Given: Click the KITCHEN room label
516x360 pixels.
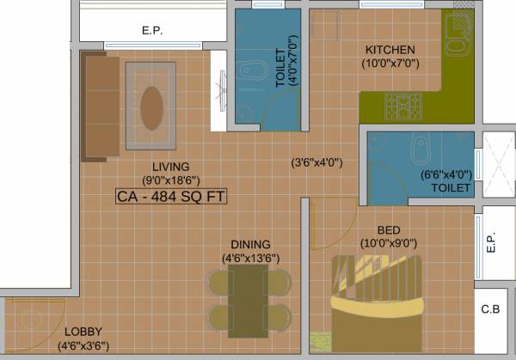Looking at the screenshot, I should pos(390,50).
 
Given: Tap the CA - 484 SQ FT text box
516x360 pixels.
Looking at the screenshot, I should pos(170,197).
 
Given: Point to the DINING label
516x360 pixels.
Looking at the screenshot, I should pos(250,244).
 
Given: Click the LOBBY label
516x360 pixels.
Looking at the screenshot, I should pos(82,332).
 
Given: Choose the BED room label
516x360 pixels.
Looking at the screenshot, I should pos(388,229).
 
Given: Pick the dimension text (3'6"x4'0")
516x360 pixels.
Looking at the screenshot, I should pos(316,162).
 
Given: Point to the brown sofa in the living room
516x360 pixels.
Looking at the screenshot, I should pos(100,106).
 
